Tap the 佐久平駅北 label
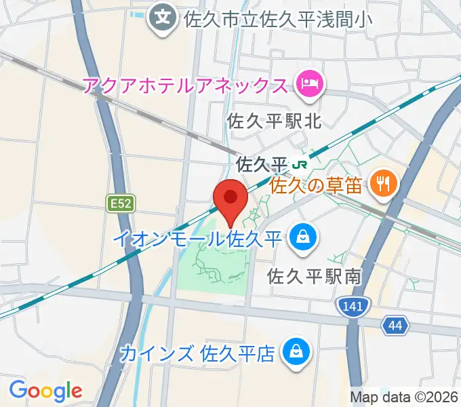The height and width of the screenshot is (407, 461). tap(274, 121)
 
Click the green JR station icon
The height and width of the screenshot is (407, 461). tap(300, 164)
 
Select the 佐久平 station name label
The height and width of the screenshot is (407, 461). tap(262, 164)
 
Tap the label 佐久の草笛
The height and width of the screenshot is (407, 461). tap(316, 184)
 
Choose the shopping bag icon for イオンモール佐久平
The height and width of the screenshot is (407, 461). tap(300, 237)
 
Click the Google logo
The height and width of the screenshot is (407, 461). tap(45, 390)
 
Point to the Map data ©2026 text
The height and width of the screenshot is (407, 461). tap(404, 398)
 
